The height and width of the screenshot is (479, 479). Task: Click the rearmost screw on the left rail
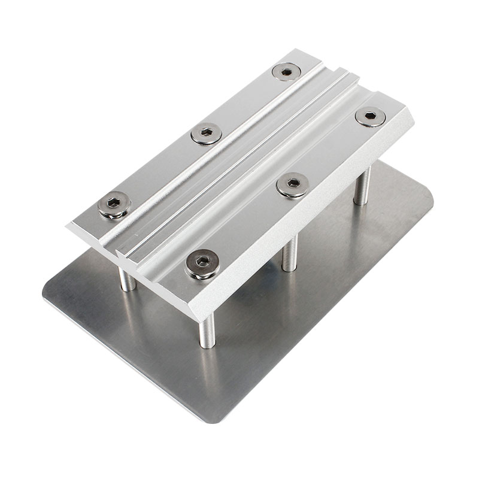286,72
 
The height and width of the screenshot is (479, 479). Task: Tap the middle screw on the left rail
207,134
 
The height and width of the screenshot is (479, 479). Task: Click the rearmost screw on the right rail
369,116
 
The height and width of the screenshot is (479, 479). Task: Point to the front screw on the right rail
202,263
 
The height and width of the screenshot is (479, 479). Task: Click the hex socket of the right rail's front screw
202,261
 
